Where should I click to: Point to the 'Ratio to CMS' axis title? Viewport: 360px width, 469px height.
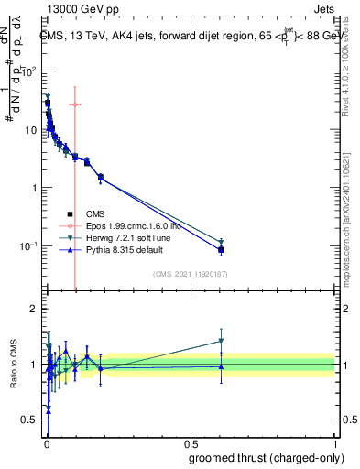12,364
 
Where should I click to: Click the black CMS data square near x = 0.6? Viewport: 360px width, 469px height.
221,249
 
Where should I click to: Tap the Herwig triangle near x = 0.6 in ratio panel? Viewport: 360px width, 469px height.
221,341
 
